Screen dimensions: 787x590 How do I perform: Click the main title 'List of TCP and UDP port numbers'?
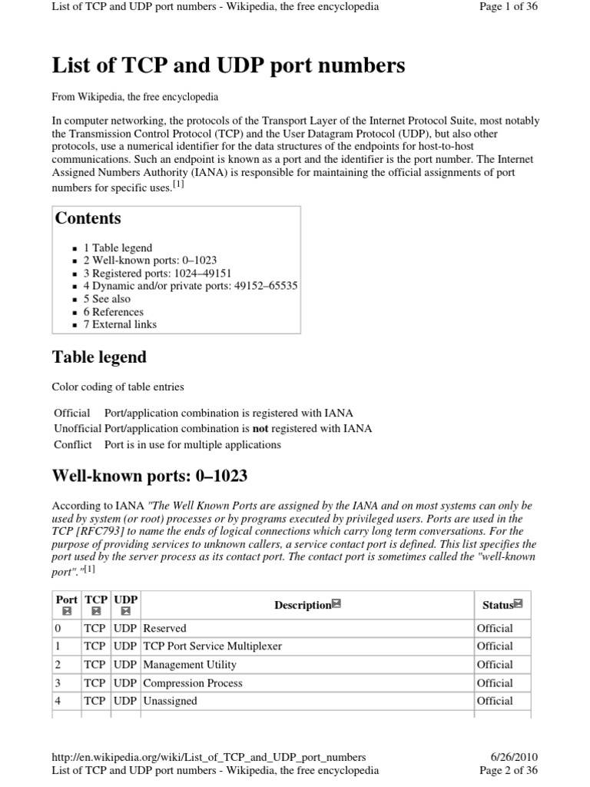(228, 66)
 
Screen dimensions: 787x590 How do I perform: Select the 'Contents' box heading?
(88, 218)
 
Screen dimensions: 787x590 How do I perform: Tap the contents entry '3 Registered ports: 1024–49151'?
(157, 274)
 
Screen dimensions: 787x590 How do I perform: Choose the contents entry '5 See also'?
(107, 299)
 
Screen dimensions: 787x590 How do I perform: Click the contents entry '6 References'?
(113, 312)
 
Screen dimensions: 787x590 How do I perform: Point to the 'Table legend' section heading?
(99, 357)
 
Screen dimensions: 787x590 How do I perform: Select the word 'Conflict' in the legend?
(72, 445)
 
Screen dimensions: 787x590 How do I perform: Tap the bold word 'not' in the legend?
(260, 429)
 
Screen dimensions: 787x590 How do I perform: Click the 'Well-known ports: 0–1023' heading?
(150, 476)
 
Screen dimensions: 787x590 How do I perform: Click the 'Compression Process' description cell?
(193, 683)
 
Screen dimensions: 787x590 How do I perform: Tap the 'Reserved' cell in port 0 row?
(165, 628)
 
